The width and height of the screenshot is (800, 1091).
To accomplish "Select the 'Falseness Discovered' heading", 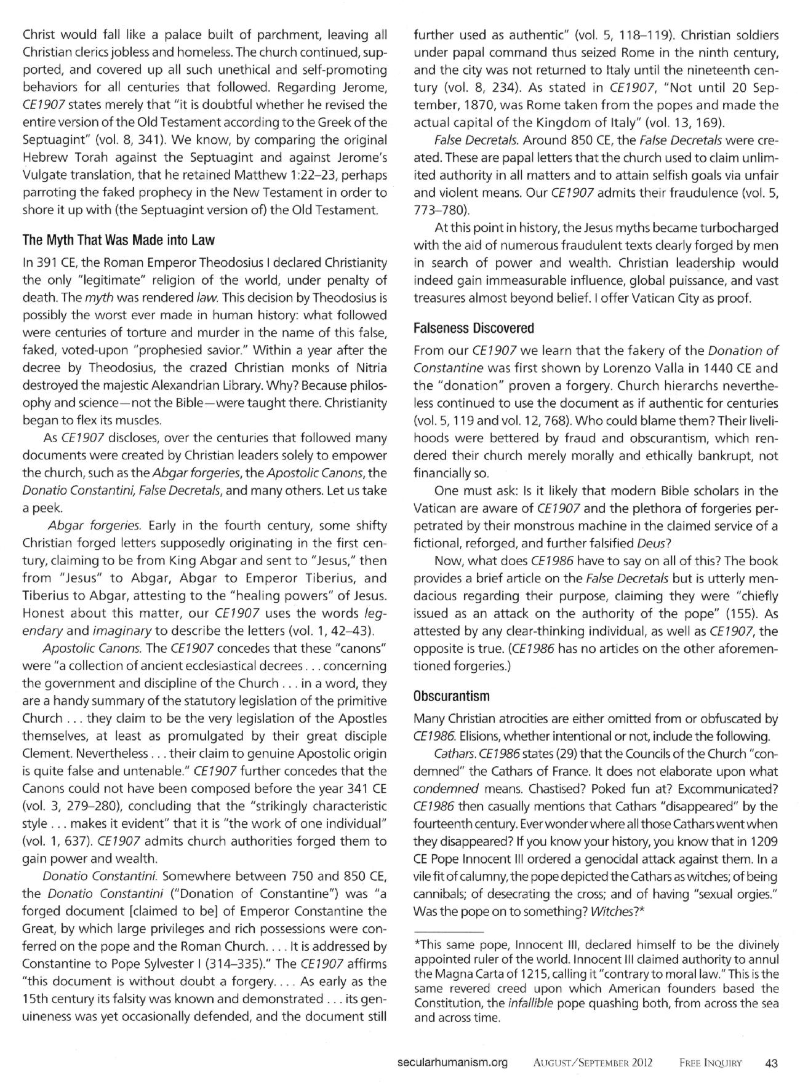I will pos(474,328).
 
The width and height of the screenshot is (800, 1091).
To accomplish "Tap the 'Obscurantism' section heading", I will pos(452,696).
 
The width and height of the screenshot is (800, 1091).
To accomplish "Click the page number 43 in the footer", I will pos(770,1062).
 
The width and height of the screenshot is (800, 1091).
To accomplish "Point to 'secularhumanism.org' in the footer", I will pos(452,1062).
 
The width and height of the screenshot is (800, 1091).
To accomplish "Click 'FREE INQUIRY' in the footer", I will pos(711,1062).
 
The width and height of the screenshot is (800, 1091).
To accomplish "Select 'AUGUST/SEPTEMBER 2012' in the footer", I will pos(593,1062).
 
